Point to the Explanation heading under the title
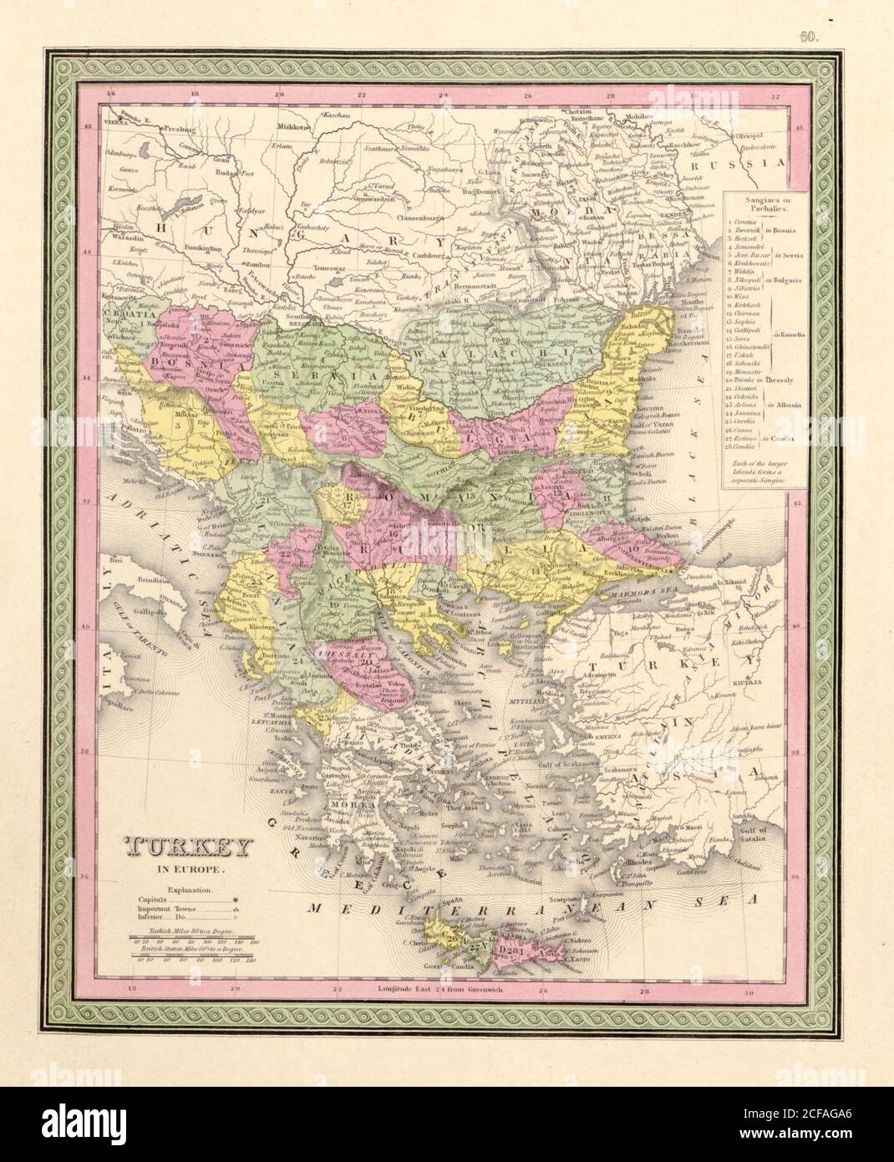(x=189, y=892)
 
